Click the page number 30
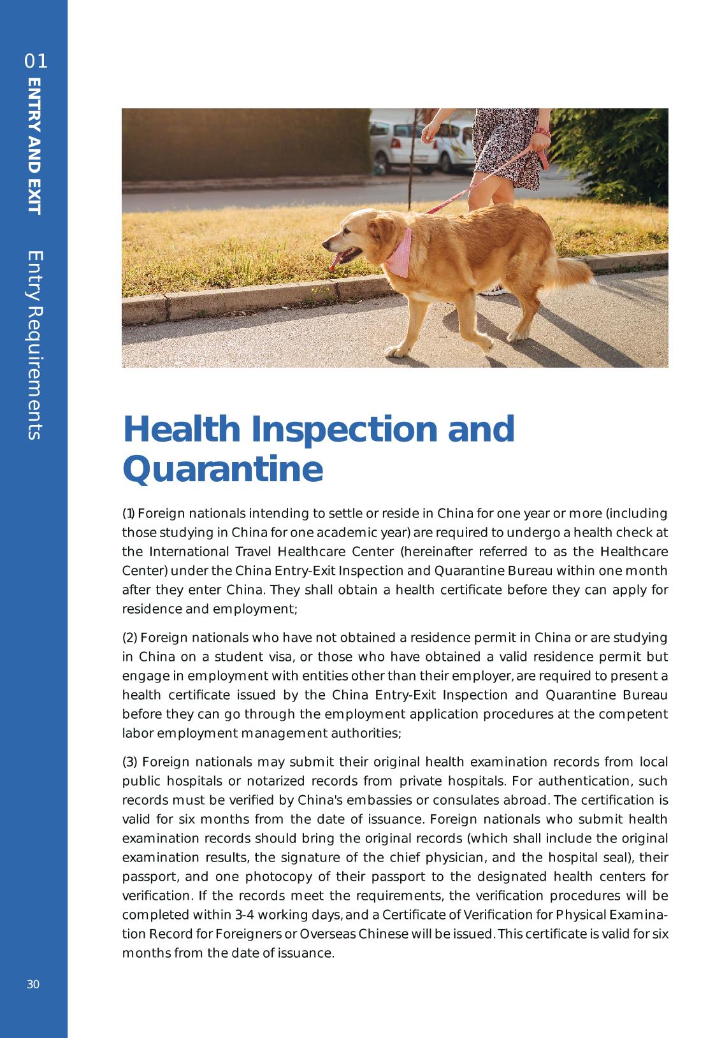[33, 984]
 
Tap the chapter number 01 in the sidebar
[36, 62]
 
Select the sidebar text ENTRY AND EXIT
[34, 146]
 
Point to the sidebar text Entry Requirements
[34, 344]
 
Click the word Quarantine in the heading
[222, 469]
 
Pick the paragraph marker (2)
[129, 638]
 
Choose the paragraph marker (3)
[129, 762]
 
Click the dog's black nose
[325, 243]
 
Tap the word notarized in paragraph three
[276, 781]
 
